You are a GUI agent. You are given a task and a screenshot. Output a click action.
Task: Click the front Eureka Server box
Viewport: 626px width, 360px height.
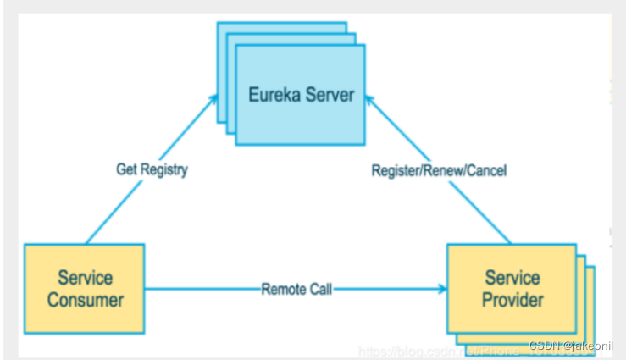point(301,94)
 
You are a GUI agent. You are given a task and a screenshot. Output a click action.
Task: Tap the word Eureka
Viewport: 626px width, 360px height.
point(273,95)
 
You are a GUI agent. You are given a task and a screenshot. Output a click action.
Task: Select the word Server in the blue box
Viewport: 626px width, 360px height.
point(329,95)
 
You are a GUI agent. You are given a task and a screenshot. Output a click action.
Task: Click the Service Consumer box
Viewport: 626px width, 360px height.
point(84,288)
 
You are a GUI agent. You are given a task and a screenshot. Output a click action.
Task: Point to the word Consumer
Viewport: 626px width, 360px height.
point(85,300)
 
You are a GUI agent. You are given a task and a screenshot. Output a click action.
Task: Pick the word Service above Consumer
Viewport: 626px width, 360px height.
point(85,278)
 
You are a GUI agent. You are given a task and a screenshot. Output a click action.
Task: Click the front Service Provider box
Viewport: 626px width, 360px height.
point(512,288)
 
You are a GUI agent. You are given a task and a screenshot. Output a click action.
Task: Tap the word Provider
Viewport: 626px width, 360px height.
point(512,300)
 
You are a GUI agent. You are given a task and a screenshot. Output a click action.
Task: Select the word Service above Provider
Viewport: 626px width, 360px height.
point(512,278)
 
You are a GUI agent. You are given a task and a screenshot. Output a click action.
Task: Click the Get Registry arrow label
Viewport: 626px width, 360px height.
point(152,169)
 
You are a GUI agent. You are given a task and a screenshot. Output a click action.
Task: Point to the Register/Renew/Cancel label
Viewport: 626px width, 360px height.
point(439,170)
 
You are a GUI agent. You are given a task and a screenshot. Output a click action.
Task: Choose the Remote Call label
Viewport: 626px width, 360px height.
point(296,289)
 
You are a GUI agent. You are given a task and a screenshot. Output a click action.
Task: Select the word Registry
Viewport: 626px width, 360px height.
point(164,169)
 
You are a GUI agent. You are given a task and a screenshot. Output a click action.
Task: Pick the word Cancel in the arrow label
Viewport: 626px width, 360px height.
point(488,170)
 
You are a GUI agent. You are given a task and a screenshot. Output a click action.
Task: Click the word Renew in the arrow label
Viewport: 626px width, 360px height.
point(444,170)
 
